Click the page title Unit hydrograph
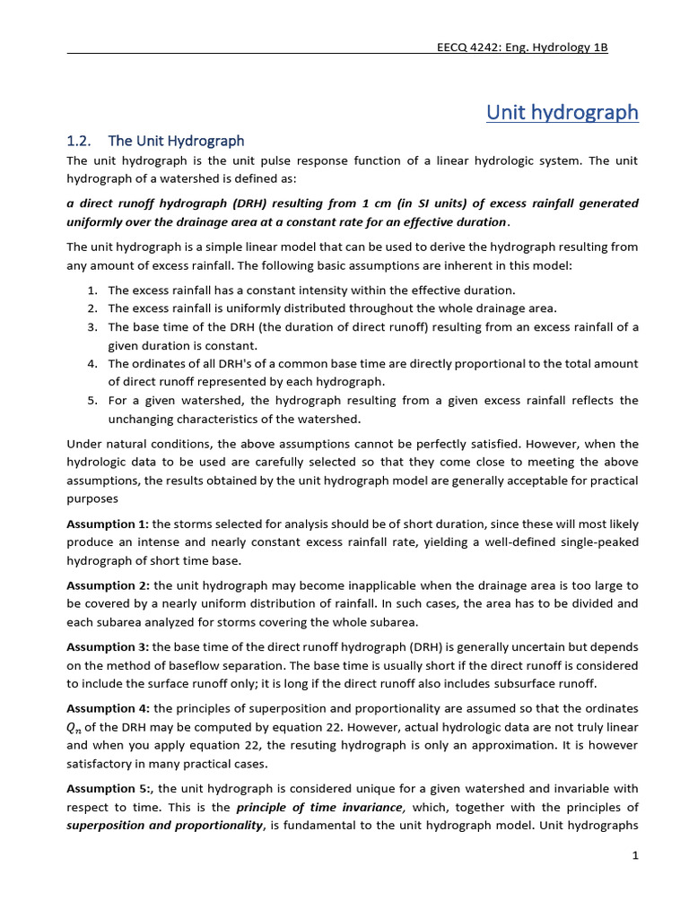562,112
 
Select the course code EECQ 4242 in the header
465,48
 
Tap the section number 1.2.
80,141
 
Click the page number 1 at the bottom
634,856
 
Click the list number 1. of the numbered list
92,290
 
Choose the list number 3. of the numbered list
92,327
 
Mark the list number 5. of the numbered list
92,401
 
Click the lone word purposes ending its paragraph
92,498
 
